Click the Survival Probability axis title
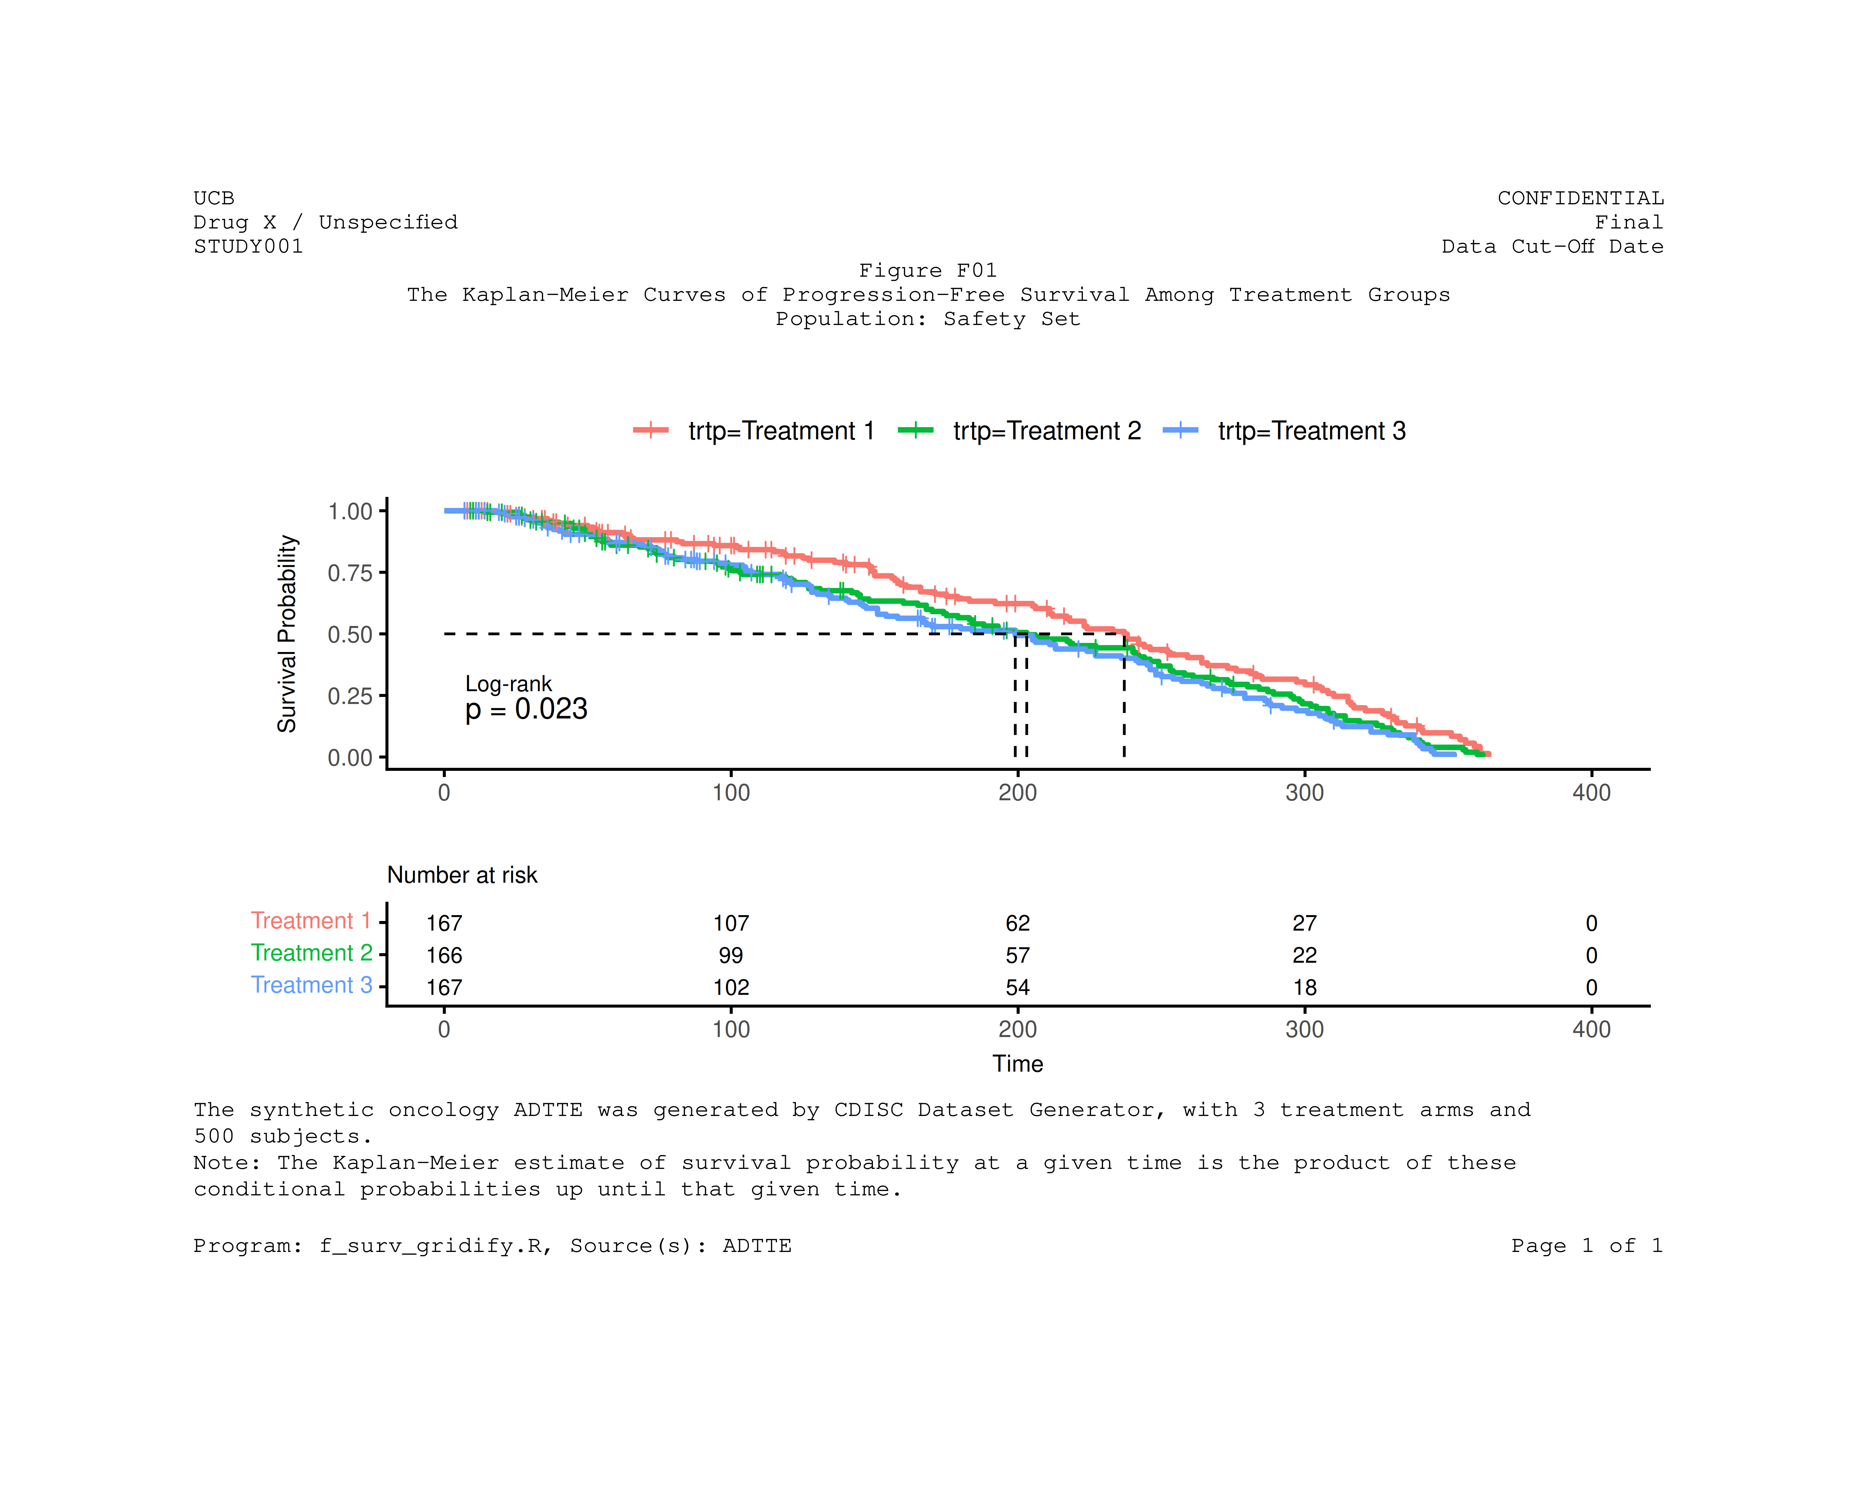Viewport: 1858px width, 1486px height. point(287,634)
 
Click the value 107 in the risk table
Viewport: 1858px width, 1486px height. point(731,923)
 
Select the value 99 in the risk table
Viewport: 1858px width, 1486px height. point(731,955)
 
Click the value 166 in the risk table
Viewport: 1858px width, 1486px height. point(444,955)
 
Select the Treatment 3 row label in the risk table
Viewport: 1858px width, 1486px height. point(311,985)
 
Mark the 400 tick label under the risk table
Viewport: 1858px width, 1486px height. point(1591,1029)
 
